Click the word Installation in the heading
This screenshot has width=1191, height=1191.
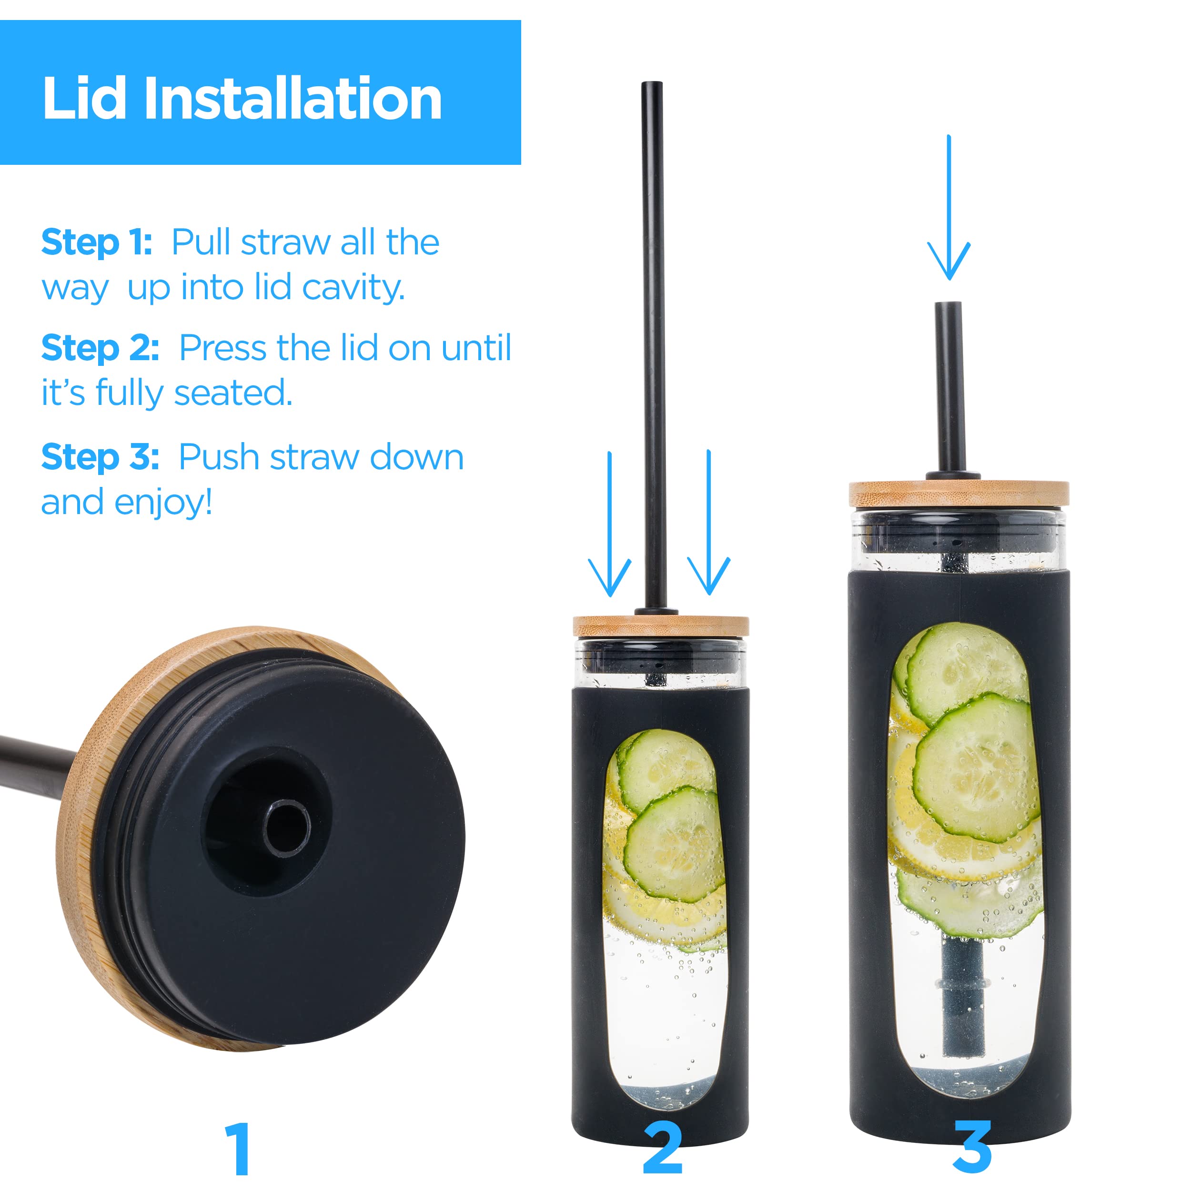click(293, 99)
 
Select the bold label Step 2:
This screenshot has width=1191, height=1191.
click(101, 348)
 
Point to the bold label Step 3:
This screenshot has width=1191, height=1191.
click(101, 457)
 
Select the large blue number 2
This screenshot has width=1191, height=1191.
click(663, 1148)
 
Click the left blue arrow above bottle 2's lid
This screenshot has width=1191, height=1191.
click(610, 524)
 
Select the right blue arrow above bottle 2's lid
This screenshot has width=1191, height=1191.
click(709, 523)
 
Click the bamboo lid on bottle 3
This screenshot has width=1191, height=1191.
click(959, 494)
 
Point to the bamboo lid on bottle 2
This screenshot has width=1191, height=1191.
click(661, 626)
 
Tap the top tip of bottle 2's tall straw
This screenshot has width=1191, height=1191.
click(652, 82)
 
